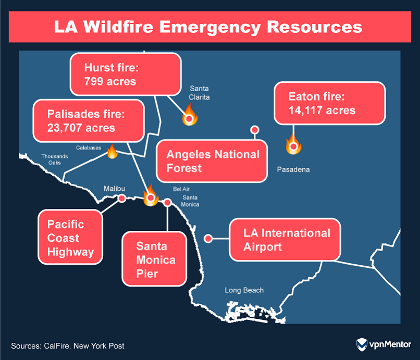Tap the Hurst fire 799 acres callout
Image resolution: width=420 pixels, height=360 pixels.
(x=125, y=75)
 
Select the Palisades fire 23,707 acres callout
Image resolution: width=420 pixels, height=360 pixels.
(x=89, y=120)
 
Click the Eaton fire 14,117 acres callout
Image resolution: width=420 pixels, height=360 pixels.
(x=329, y=103)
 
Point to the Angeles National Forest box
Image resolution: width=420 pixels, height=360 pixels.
(x=213, y=161)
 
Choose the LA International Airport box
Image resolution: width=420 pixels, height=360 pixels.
(x=286, y=240)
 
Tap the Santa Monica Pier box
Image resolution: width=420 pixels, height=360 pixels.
(x=155, y=259)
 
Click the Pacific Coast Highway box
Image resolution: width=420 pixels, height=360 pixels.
(x=70, y=238)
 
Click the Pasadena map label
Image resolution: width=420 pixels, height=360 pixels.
(x=293, y=170)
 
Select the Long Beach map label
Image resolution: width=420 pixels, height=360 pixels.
(x=244, y=290)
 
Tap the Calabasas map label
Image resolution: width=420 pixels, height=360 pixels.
(x=89, y=148)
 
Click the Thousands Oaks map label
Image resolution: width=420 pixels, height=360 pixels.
(x=55, y=159)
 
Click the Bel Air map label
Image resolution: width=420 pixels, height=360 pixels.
(x=181, y=189)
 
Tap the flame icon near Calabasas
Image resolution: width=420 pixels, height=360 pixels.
(x=112, y=152)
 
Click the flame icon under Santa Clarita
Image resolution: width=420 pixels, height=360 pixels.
(x=189, y=116)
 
